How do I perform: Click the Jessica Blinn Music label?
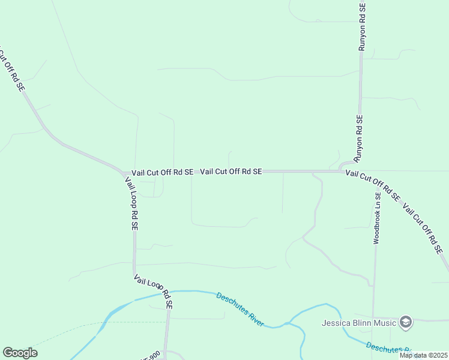(x=359, y=323)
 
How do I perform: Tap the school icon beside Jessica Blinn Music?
(x=406, y=323)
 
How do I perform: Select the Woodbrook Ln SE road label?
(x=377, y=218)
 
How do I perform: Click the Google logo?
(x=20, y=353)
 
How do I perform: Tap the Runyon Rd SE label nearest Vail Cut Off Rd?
(x=358, y=139)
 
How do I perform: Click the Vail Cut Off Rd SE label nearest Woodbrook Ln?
(x=372, y=185)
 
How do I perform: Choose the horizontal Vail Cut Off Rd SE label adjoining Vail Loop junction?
(x=163, y=172)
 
